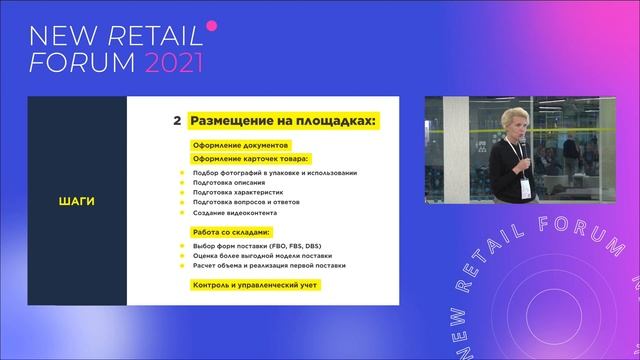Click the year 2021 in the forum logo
(x=174, y=63)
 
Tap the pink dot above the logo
(x=211, y=23)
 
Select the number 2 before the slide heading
(x=177, y=121)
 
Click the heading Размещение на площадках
(x=285, y=121)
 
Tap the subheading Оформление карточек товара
(x=250, y=158)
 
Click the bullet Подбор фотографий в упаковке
(x=274, y=173)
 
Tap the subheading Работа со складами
(x=234, y=232)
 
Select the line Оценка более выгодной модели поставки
(x=262, y=256)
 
